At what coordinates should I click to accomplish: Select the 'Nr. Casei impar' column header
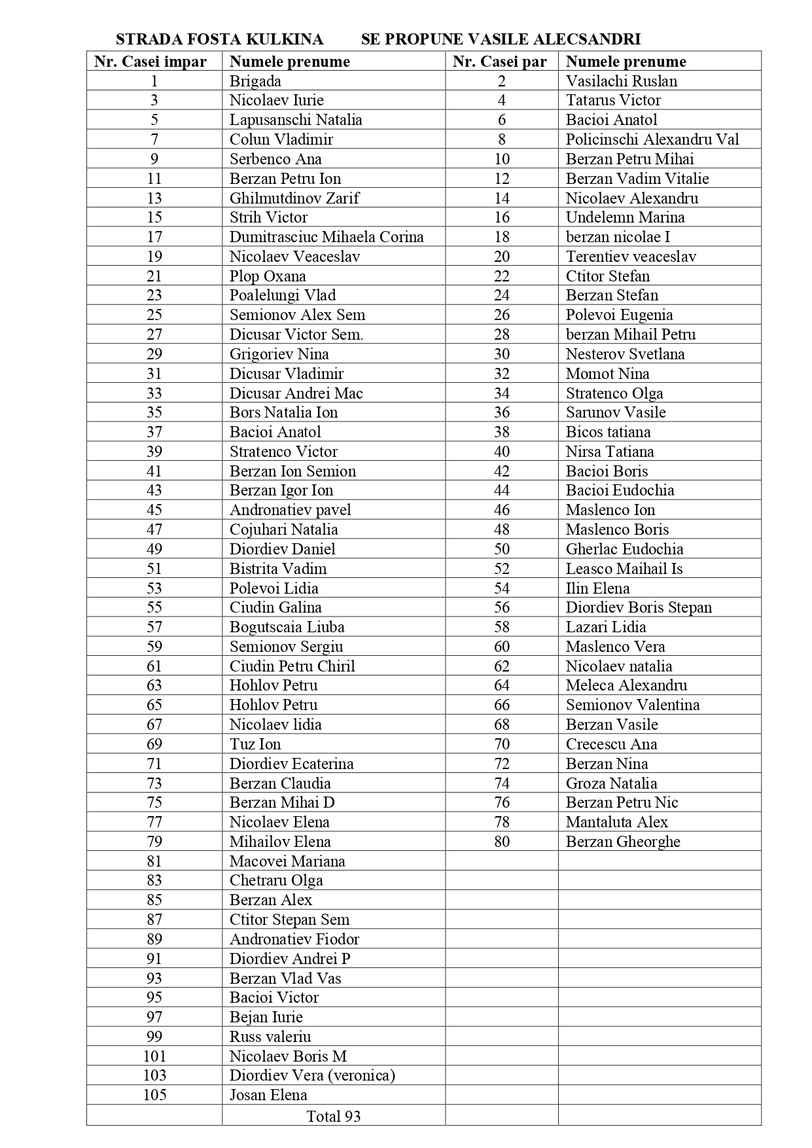[150, 62]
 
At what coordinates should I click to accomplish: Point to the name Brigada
[255, 81]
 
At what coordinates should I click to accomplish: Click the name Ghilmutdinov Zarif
[294, 198]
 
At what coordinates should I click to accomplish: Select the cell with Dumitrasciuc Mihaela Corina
[326, 237]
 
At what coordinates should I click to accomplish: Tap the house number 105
[154, 1094]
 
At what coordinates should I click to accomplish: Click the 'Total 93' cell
[334, 1116]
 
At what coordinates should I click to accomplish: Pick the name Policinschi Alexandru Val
[652, 139]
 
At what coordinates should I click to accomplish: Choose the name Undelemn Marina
[625, 217]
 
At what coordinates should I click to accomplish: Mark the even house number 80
[502, 842]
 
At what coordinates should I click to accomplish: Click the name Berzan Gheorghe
[623, 842]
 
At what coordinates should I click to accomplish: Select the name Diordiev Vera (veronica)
[312, 1075]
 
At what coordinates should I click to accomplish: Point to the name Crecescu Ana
[611, 744]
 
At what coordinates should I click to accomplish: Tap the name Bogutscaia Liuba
[287, 627]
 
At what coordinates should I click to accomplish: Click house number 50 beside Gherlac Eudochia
[502, 549]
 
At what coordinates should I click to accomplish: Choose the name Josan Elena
[268, 1094]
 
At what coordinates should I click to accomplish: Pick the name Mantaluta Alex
[616, 822]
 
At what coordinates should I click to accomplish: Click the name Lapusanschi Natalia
[296, 120]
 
